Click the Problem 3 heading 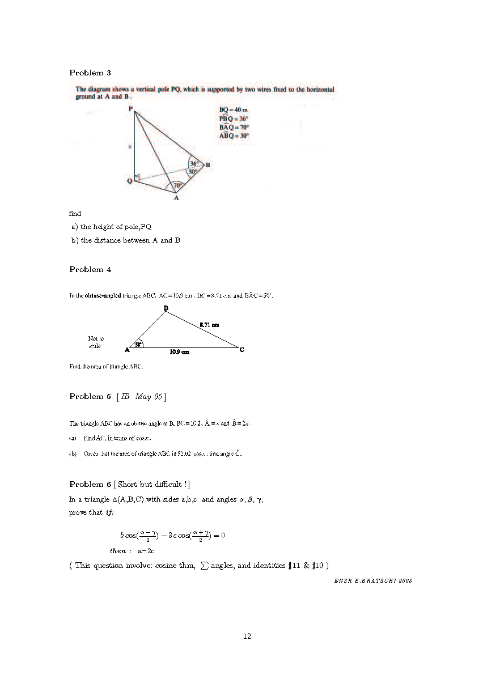click(90, 73)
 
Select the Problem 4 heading click(90, 269)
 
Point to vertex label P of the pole click(130, 109)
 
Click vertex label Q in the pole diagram click(130, 181)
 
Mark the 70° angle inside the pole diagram click(177, 185)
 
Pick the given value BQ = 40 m click(230, 110)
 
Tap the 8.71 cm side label click(209, 325)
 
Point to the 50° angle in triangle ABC click(138, 344)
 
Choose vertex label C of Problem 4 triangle click(241, 350)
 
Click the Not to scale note click(95, 342)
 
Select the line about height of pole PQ click(111, 227)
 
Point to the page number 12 click(247, 636)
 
